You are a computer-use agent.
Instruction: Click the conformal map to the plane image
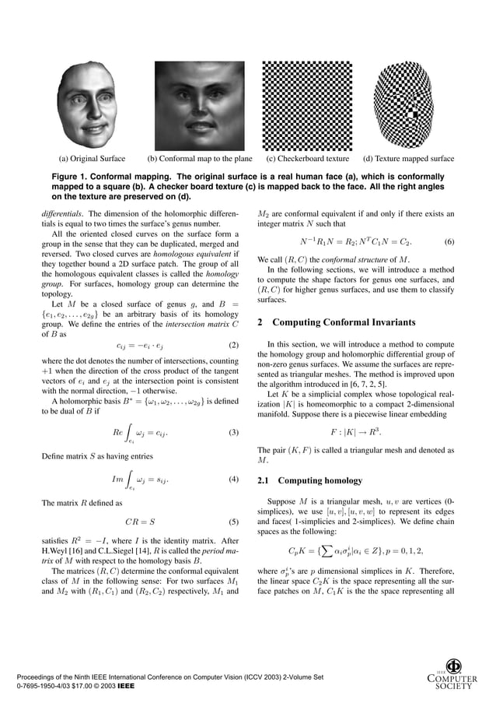[199, 105]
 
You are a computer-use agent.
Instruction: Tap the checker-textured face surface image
[407, 105]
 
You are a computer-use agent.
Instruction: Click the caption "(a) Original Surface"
[92, 159]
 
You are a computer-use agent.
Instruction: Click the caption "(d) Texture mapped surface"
[408, 159]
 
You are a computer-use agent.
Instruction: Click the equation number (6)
[449, 241]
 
